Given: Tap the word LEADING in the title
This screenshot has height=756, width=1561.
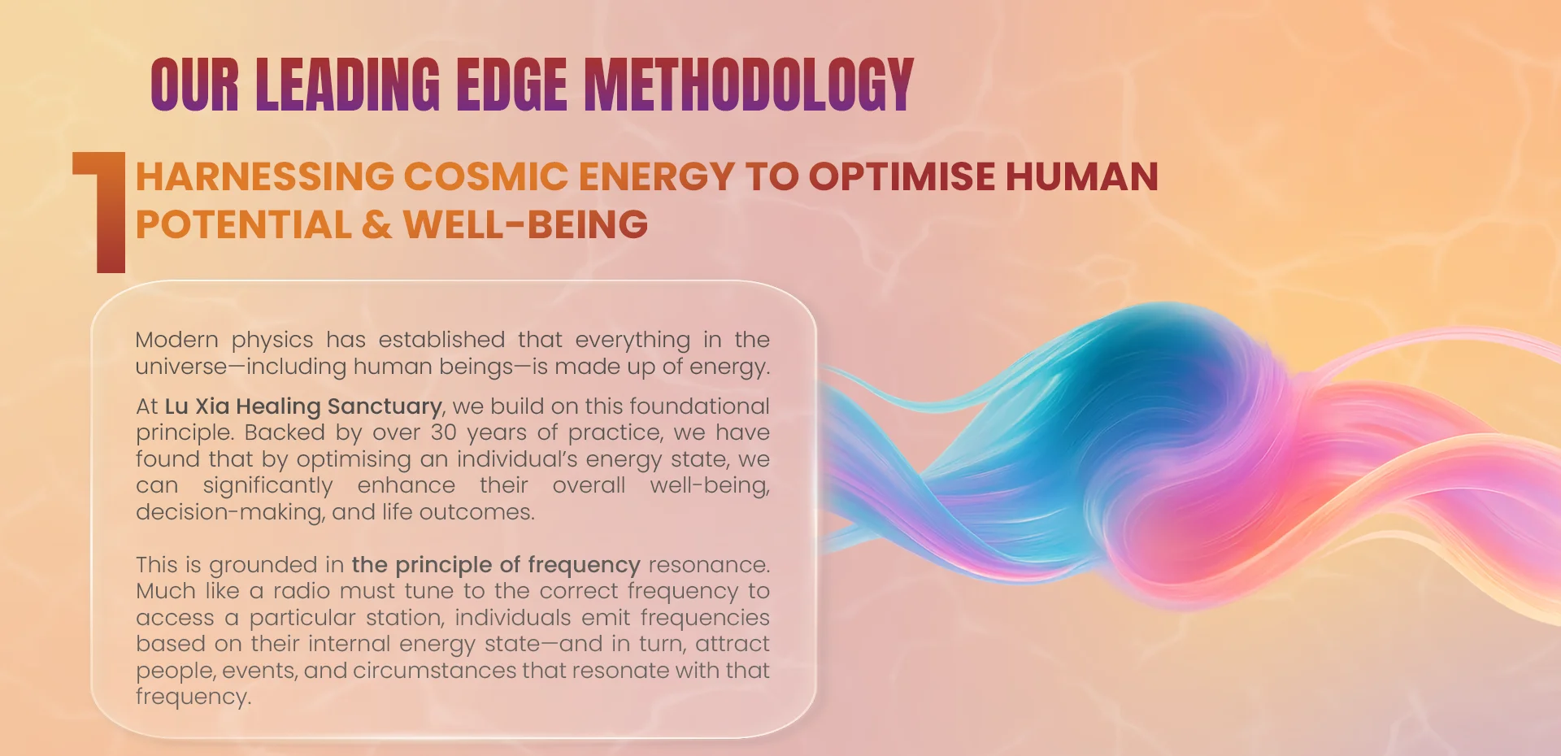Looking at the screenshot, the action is click(347, 84).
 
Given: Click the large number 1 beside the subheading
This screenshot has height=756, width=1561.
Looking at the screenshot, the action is click(101, 212).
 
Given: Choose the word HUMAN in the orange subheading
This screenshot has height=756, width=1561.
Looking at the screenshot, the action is click(1081, 176).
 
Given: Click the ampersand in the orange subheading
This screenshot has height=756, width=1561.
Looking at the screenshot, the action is click(377, 224).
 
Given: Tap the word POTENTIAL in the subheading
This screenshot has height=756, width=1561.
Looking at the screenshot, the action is click(243, 224).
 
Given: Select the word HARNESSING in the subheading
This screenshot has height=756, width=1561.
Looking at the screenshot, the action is click(265, 176).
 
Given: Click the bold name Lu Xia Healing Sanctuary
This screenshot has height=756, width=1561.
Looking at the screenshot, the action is click(303, 406).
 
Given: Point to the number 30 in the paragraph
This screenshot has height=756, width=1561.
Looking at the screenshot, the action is click(444, 432).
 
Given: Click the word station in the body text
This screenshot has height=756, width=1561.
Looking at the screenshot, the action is click(405, 618).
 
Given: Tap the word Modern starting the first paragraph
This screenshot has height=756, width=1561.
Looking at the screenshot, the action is click(177, 340).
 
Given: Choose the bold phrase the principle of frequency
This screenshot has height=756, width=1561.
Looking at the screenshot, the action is click(496, 565).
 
